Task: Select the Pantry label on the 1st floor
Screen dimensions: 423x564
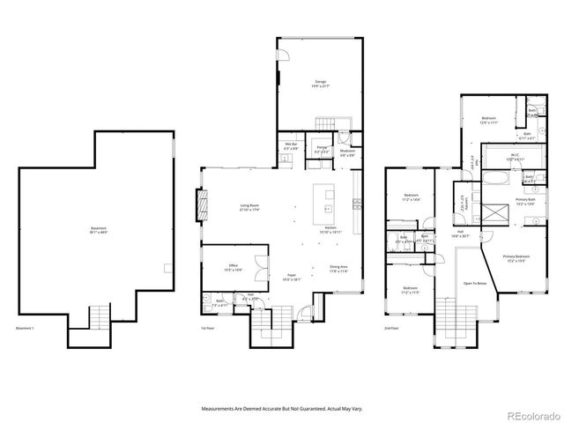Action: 322,150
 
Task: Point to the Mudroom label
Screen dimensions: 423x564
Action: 347,152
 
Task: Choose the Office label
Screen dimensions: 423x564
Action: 234,267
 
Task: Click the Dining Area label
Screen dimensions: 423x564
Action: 338,269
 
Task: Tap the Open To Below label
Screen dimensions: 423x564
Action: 476,284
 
